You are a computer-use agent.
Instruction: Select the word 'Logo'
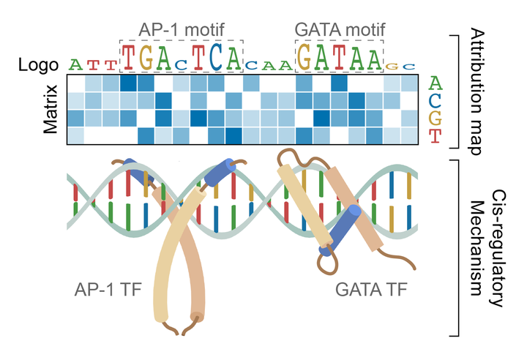pyautogui.click(x=38, y=64)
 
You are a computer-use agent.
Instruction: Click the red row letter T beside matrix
pyautogui.click(x=436, y=135)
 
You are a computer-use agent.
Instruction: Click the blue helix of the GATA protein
pyautogui.click(x=340, y=230)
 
